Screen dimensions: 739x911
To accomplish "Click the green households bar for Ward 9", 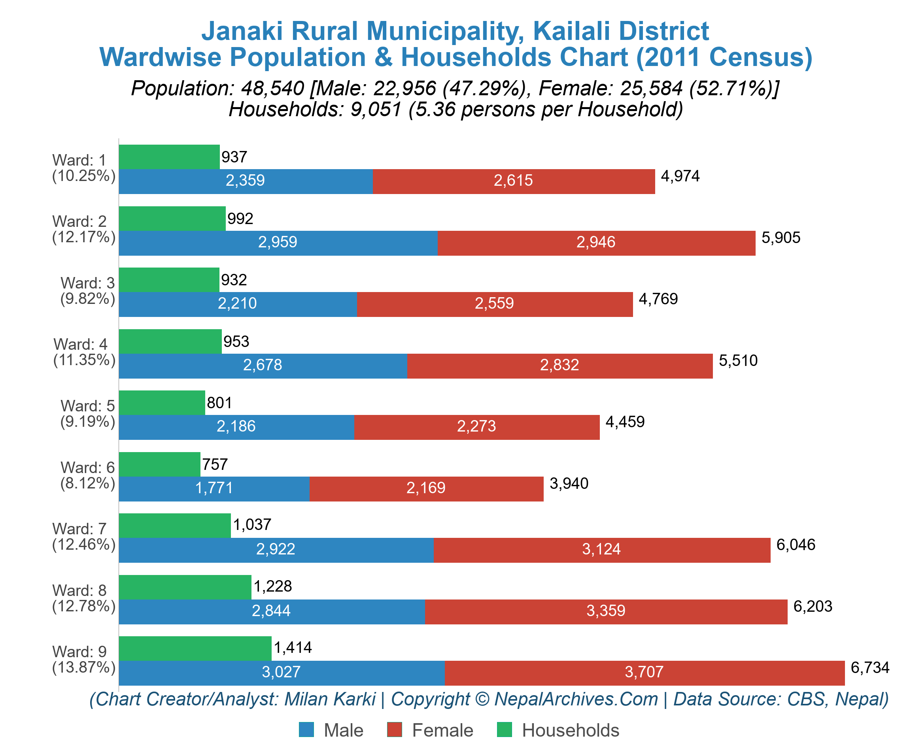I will pyautogui.click(x=195, y=649).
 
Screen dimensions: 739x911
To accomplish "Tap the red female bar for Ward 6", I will pyautogui.click(x=426, y=489).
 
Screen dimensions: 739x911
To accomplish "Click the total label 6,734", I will pyautogui.click(x=870, y=667).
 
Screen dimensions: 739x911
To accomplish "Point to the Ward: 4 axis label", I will pyautogui.click(x=80, y=344).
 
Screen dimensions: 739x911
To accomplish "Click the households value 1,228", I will pyautogui.click(x=272, y=586).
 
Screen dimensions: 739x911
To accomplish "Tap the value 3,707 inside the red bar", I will pyautogui.click(x=644, y=672).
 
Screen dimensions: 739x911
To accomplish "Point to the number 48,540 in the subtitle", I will pyautogui.click(x=272, y=89).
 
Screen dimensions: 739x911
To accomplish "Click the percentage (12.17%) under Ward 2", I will pyautogui.click(x=84, y=237).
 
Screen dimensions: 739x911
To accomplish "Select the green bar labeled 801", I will pyautogui.click(x=161, y=403).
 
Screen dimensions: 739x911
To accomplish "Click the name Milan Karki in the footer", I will pyautogui.click(x=330, y=699).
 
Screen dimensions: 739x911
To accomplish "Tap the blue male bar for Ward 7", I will pyautogui.click(x=276, y=550).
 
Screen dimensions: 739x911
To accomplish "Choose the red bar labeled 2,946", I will pyautogui.click(x=595, y=243).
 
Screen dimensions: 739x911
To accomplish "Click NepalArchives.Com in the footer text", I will pyautogui.click(x=576, y=699).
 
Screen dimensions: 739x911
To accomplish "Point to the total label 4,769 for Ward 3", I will pyautogui.click(x=658, y=299).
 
